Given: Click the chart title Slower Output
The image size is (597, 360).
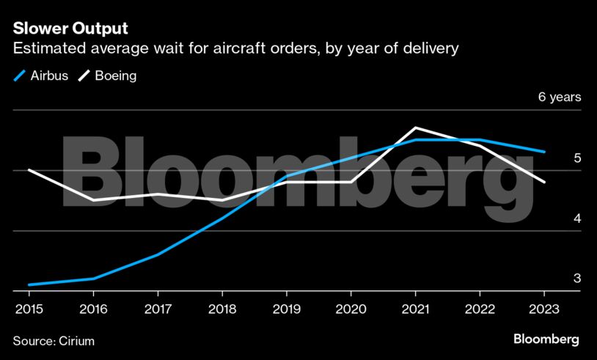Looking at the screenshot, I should click(x=70, y=29).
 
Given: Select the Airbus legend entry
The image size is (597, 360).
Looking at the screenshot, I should click(x=42, y=76).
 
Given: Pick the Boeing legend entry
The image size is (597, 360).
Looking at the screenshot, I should click(x=108, y=76).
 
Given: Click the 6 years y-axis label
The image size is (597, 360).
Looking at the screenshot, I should click(x=560, y=97).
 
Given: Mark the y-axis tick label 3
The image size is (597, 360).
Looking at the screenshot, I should click(x=576, y=279).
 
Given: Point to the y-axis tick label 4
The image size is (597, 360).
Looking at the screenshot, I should click(x=576, y=218).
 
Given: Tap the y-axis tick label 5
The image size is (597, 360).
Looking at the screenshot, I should click(x=576, y=158).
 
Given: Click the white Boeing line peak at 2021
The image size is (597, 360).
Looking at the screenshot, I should click(x=416, y=128).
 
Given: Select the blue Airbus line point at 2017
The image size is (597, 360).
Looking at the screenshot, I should click(x=157, y=254).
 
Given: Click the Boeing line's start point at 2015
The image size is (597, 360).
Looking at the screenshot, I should click(x=28, y=170).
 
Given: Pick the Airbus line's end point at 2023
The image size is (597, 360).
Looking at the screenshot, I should click(x=544, y=152).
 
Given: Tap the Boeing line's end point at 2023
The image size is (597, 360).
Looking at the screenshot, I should click(x=544, y=182).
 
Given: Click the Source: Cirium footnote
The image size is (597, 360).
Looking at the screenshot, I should click(x=54, y=341).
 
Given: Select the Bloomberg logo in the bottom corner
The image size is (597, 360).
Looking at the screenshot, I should click(x=546, y=339).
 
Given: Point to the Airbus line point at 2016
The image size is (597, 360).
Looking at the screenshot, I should click(x=92, y=279).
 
